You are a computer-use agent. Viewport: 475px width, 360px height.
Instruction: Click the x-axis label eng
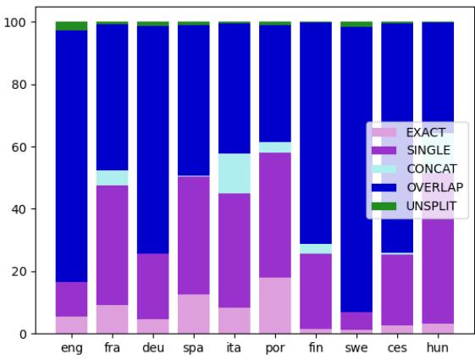point(73,347)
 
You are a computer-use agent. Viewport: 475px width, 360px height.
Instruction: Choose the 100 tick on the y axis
point(20,22)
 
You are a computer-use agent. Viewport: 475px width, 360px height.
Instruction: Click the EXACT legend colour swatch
point(384,132)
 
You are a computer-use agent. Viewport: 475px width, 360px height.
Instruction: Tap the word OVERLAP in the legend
point(434,186)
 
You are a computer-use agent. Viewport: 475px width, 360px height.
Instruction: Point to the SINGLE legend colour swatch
point(384,151)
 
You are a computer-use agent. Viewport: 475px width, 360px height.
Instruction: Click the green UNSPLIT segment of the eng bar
point(73,26)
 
